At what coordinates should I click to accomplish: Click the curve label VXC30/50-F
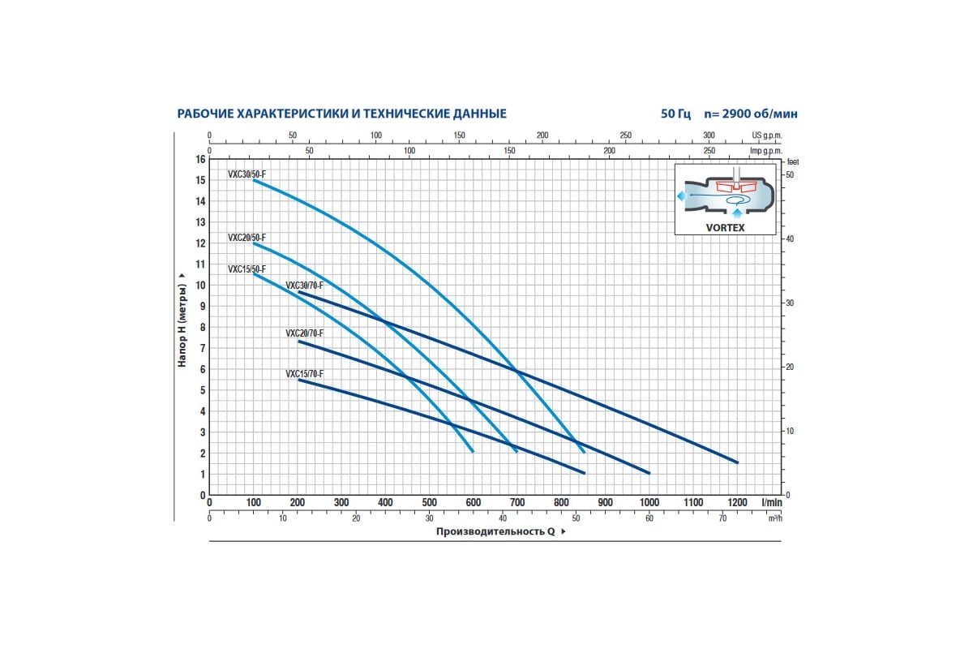(246, 174)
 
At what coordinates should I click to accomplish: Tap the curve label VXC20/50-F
(246, 238)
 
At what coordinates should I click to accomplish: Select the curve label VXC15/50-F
(246, 269)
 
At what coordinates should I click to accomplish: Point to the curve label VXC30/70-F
(304, 286)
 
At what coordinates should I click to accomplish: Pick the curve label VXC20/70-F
(304, 333)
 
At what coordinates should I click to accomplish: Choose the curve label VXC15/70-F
(304, 374)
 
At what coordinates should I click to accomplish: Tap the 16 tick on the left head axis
(200, 159)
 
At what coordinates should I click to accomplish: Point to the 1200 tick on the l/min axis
(737, 503)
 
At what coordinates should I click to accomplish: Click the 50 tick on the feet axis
(790, 175)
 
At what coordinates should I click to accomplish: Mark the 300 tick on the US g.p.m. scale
(709, 135)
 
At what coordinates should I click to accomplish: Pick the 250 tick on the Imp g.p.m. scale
(709, 151)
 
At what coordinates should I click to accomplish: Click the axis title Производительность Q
(495, 531)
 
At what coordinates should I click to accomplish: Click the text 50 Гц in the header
(675, 114)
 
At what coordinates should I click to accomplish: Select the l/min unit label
(770, 503)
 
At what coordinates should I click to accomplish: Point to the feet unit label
(792, 162)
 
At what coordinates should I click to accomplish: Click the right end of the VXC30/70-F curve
(737, 462)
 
